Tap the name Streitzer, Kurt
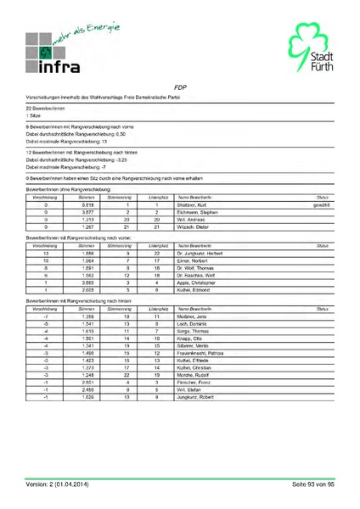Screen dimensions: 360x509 [x=192, y=205]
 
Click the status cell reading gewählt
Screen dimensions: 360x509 [x=321, y=205]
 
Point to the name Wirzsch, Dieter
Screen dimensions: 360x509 [x=191, y=227]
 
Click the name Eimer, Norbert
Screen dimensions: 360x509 [x=189, y=260]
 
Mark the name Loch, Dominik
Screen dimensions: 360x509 [x=189, y=323]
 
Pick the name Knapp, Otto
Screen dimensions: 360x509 [x=188, y=338]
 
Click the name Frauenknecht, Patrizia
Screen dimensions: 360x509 [x=199, y=352]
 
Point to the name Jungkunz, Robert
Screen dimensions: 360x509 [x=193, y=396]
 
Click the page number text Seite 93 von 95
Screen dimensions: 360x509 [x=313, y=484]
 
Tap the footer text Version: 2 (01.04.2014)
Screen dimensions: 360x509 [x=68, y=484]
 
